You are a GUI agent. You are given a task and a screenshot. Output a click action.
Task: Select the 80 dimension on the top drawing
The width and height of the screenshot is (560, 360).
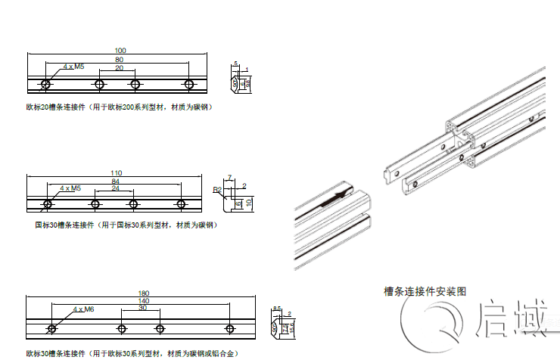tap(119, 59)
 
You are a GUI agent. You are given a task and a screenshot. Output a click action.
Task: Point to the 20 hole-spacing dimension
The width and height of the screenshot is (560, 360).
tap(119, 67)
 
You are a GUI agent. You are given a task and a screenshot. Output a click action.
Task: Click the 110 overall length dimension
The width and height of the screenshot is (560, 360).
tap(116, 173)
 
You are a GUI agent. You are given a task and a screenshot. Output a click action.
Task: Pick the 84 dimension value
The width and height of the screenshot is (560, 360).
tap(115, 182)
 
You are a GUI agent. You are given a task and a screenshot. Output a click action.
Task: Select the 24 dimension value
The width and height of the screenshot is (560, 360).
tap(115, 188)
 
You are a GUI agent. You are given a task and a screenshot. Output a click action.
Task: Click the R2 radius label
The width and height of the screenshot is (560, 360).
tap(217, 189)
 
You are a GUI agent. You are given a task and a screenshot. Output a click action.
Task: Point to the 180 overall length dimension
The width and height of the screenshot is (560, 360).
tap(143, 293)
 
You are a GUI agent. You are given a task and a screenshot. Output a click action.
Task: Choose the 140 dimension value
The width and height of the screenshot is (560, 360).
tap(143, 301)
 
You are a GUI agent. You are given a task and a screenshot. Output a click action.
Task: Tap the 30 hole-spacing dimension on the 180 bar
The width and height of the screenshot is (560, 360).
tap(142, 309)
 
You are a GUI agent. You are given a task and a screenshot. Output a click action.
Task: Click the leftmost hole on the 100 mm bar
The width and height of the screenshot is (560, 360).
tap(47, 83)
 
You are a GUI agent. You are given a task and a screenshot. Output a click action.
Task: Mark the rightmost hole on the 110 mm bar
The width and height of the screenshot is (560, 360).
tap(182, 204)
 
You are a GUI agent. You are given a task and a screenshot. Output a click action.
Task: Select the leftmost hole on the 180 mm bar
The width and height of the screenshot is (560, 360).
tap(51, 328)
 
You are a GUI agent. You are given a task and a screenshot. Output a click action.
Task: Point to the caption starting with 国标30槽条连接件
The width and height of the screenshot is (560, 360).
tap(126, 225)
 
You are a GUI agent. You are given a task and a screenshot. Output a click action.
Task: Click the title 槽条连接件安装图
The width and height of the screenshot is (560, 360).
tap(425, 290)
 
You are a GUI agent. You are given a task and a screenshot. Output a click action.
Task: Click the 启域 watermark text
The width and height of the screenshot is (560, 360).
tap(512, 319)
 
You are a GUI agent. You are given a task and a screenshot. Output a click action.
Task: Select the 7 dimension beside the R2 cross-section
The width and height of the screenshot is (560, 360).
tap(229, 177)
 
